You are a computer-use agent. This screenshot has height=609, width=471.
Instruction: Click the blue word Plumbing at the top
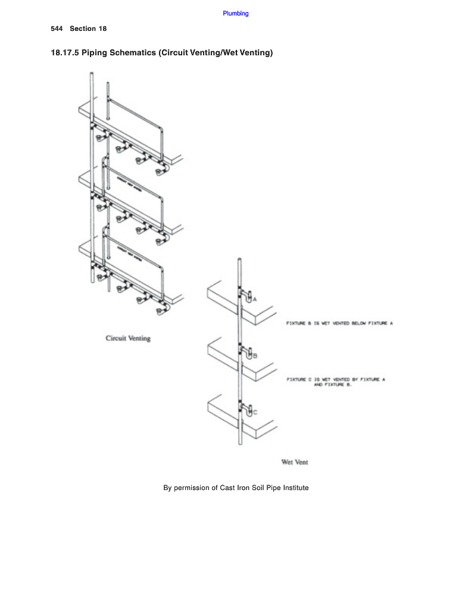coord(236,13)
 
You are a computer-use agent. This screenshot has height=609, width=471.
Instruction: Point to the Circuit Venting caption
coord(128,338)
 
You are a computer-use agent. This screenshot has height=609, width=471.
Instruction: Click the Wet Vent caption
coord(294,462)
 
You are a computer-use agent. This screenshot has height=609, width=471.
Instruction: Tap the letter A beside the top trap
coord(255,300)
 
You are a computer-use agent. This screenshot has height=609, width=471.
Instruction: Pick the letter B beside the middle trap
coord(255,356)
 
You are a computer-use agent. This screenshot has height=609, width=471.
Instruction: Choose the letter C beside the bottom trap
coord(255,412)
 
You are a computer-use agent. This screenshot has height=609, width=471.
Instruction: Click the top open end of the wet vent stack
coord(239,260)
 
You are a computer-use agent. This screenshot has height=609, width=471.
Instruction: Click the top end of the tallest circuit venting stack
coord(92,74)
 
